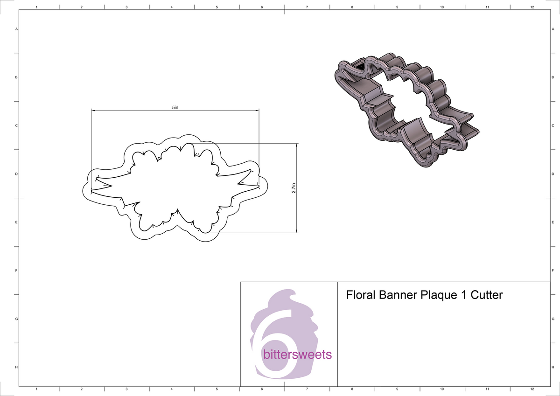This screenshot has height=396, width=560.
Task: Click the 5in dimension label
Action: click(x=175, y=107)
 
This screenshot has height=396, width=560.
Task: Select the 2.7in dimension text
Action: click(x=293, y=188)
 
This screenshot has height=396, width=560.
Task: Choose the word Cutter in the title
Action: click(x=486, y=295)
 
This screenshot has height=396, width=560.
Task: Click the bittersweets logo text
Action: click(x=297, y=355)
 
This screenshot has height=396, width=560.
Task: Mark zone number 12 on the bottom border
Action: click(x=532, y=389)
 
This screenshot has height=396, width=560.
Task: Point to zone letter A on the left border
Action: click(x=17, y=29)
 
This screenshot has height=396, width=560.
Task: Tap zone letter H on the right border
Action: click(x=553, y=368)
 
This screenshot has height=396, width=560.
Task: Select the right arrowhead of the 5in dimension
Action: click(x=257, y=111)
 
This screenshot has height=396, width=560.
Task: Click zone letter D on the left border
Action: click(x=17, y=174)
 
